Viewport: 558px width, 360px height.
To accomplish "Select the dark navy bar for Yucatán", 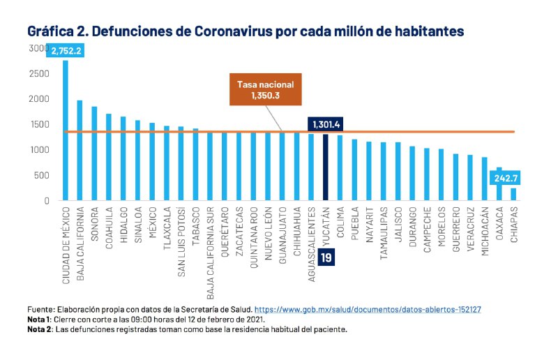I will [x=325, y=167].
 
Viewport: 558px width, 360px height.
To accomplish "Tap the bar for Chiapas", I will [x=513, y=195].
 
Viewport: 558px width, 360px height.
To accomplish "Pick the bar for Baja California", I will [x=80, y=151].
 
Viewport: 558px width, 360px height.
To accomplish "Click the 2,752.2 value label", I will [x=67, y=50].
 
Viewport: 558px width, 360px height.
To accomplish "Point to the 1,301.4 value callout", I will [x=328, y=124].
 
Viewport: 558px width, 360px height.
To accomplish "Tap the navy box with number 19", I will [x=326, y=258].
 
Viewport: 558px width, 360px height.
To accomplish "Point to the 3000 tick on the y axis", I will [x=38, y=47].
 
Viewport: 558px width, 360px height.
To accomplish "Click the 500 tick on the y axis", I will [x=41, y=176].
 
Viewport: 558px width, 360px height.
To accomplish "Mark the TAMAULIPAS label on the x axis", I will [x=383, y=237].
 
